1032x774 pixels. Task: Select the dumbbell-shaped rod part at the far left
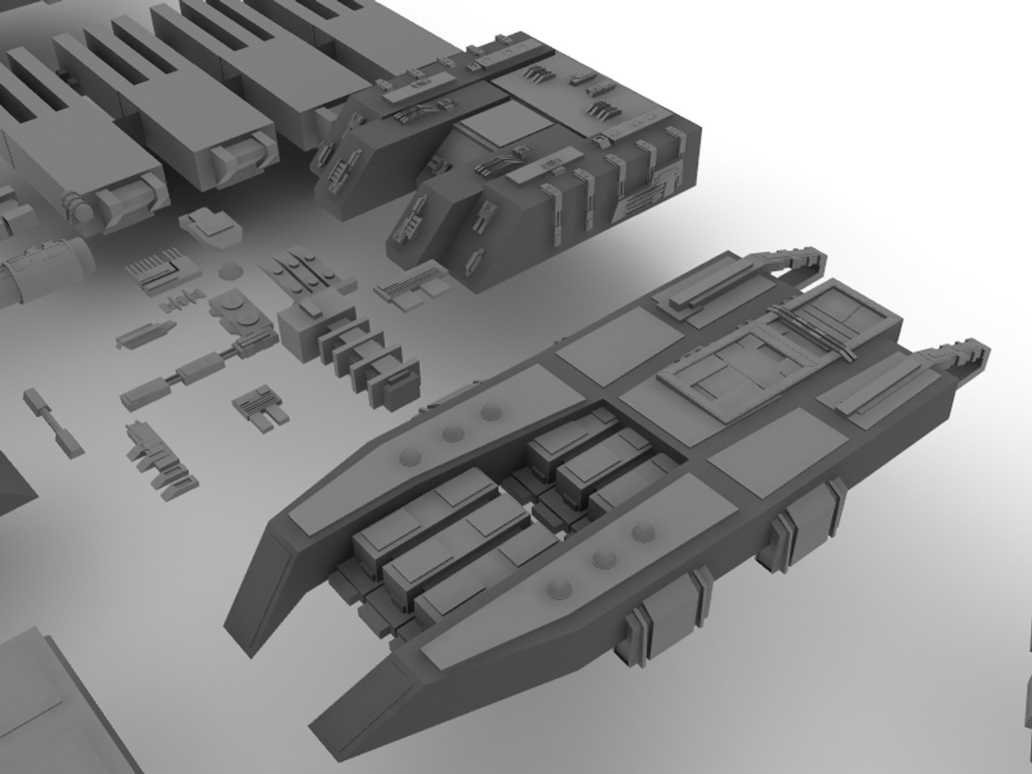(x=54, y=422)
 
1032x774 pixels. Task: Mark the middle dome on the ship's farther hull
(x=451, y=432)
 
